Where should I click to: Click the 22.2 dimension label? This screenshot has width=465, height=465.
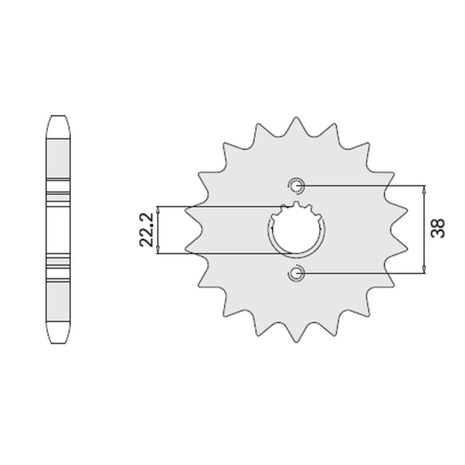click(146, 230)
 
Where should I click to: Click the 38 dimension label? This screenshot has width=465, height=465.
click(438, 228)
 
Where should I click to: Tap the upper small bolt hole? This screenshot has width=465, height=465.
click(296, 186)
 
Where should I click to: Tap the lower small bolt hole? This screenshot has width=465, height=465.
click(296, 273)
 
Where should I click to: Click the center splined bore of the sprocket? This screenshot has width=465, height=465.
click(296, 229)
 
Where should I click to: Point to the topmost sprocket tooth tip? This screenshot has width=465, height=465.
click(296, 117)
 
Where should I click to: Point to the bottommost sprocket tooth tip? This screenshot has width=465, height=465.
click(296, 342)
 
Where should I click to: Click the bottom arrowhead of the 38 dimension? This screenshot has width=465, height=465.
click(425, 270)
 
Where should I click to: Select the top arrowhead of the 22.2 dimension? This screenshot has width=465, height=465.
click(158, 209)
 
